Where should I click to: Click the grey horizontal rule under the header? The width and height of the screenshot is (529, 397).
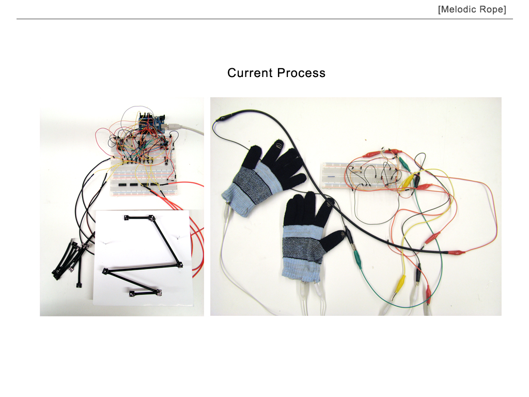coord(264,19)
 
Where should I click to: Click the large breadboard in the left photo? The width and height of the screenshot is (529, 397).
coord(145,176)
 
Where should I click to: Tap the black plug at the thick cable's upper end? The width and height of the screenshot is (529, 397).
coord(227,117)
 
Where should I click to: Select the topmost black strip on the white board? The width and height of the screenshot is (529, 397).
coord(139,218)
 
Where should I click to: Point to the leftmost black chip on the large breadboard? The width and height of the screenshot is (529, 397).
coord(124,184)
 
